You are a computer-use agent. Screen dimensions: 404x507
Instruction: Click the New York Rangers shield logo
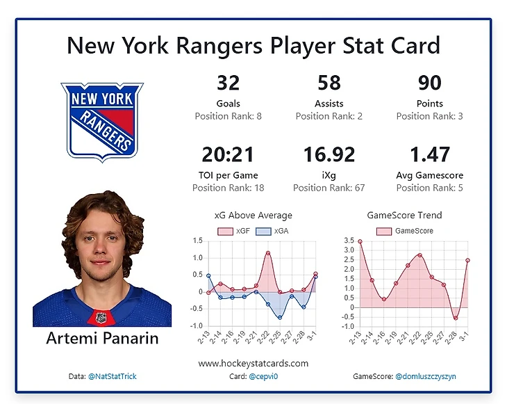102,121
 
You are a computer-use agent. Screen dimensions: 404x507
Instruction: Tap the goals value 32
228,83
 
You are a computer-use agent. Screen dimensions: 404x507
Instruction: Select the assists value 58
329,83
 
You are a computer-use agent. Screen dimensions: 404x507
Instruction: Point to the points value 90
430,83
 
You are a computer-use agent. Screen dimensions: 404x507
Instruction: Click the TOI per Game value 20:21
228,154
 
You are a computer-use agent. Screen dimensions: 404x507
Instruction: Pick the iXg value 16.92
329,154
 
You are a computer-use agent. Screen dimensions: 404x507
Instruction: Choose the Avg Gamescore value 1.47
430,154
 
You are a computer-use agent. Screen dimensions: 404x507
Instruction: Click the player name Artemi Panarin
102,339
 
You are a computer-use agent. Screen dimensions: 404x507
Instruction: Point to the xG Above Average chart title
255,216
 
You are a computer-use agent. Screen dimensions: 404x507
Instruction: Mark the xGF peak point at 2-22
268,253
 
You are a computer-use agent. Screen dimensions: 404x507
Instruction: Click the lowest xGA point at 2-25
280,318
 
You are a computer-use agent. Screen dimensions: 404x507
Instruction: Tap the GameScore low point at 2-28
456,318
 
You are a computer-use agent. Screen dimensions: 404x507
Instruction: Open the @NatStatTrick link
112,376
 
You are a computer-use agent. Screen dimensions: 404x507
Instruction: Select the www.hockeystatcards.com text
253,363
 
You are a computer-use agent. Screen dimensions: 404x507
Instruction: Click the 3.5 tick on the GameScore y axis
349,241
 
